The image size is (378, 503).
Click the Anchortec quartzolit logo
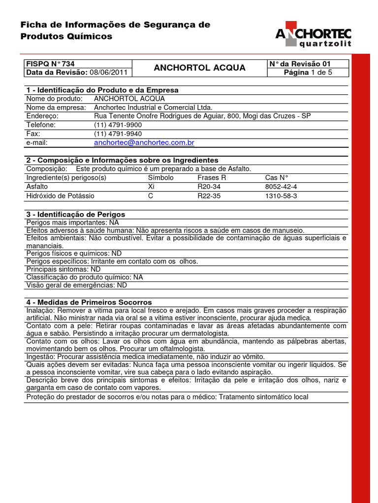tap(313, 37)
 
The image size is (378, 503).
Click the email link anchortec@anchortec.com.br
tap(144, 142)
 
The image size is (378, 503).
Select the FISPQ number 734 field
tap(50, 64)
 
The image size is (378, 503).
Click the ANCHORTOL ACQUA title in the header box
tap(199, 68)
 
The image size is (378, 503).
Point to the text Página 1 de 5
tap(308, 73)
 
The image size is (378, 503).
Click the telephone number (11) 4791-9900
tap(118, 125)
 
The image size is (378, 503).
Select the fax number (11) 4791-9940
tap(118, 134)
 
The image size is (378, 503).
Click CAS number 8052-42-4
tap(281, 187)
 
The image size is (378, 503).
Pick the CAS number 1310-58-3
tap(281, 196)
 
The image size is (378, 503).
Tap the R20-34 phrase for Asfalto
tap(209, 187)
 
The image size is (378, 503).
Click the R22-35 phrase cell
tap(209, 196)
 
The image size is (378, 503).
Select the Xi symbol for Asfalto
tap(151, 187)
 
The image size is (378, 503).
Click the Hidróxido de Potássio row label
tap(60, 196)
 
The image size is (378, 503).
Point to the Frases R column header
tap(212, 178)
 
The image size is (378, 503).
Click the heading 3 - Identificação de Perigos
tap(75, 214)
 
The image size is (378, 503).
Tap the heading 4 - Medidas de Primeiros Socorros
tap(89, 302)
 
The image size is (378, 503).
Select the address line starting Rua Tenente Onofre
tap(202, 116)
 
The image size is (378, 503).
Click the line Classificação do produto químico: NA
tap(84, 277)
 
